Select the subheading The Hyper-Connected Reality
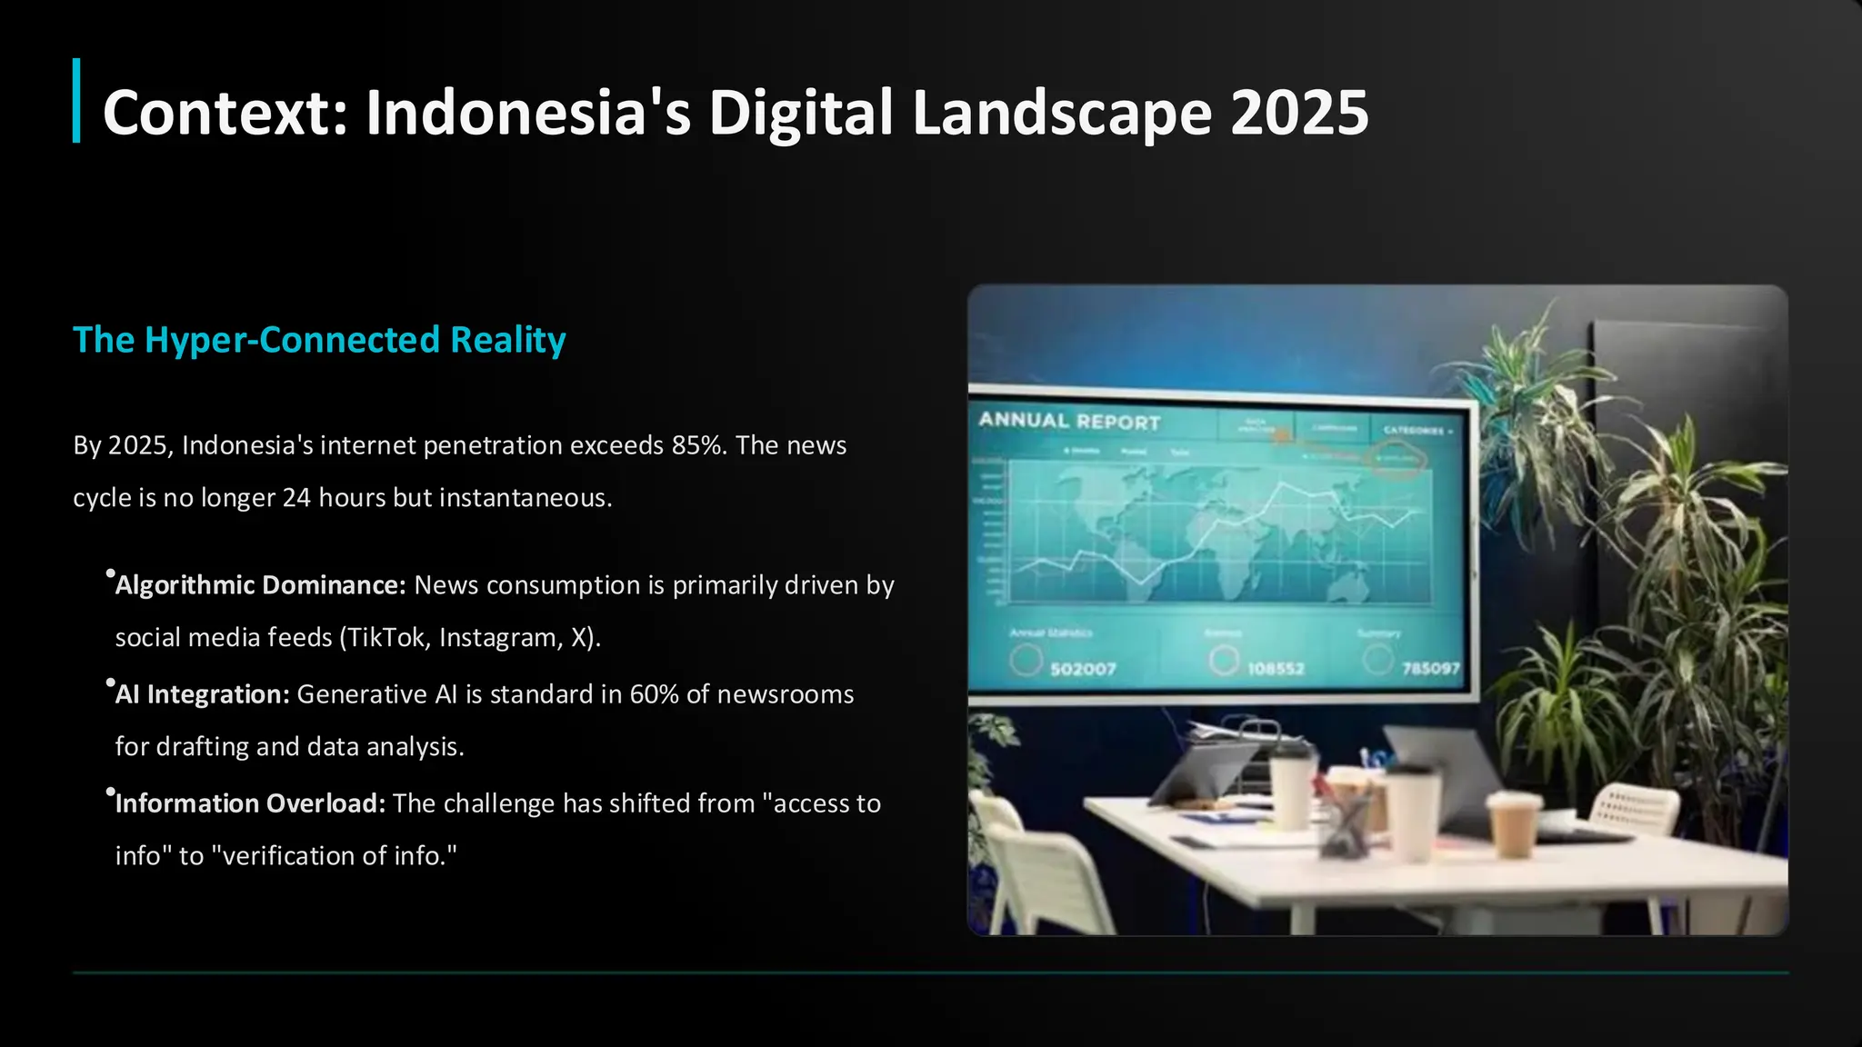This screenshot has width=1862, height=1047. pyautogui.click(x=319, y=340)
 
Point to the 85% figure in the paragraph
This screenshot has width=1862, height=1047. pyautogui.click(x=699, y=445)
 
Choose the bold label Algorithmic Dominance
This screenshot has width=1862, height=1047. pyautogui.click(x=260, y=585)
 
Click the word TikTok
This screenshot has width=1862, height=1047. pyautogui.click(x=386, y=638)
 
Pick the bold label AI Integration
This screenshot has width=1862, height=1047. pyautogui.click(x=202, y=694)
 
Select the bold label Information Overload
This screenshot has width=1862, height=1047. pyautogui.click(x=250, y=803)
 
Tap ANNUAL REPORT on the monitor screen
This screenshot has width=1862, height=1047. pyautogui.click(x=1069, y=422)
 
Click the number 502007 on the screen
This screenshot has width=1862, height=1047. pyautogui.click(x=1083, y=670)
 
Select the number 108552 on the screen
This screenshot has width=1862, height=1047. pyautogui.click(x=1276, y=669)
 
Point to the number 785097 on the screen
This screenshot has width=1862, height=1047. pyautogui.click(x=1430, y=669)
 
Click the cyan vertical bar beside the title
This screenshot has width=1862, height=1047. pyautogui.click(x=76, y=101)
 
